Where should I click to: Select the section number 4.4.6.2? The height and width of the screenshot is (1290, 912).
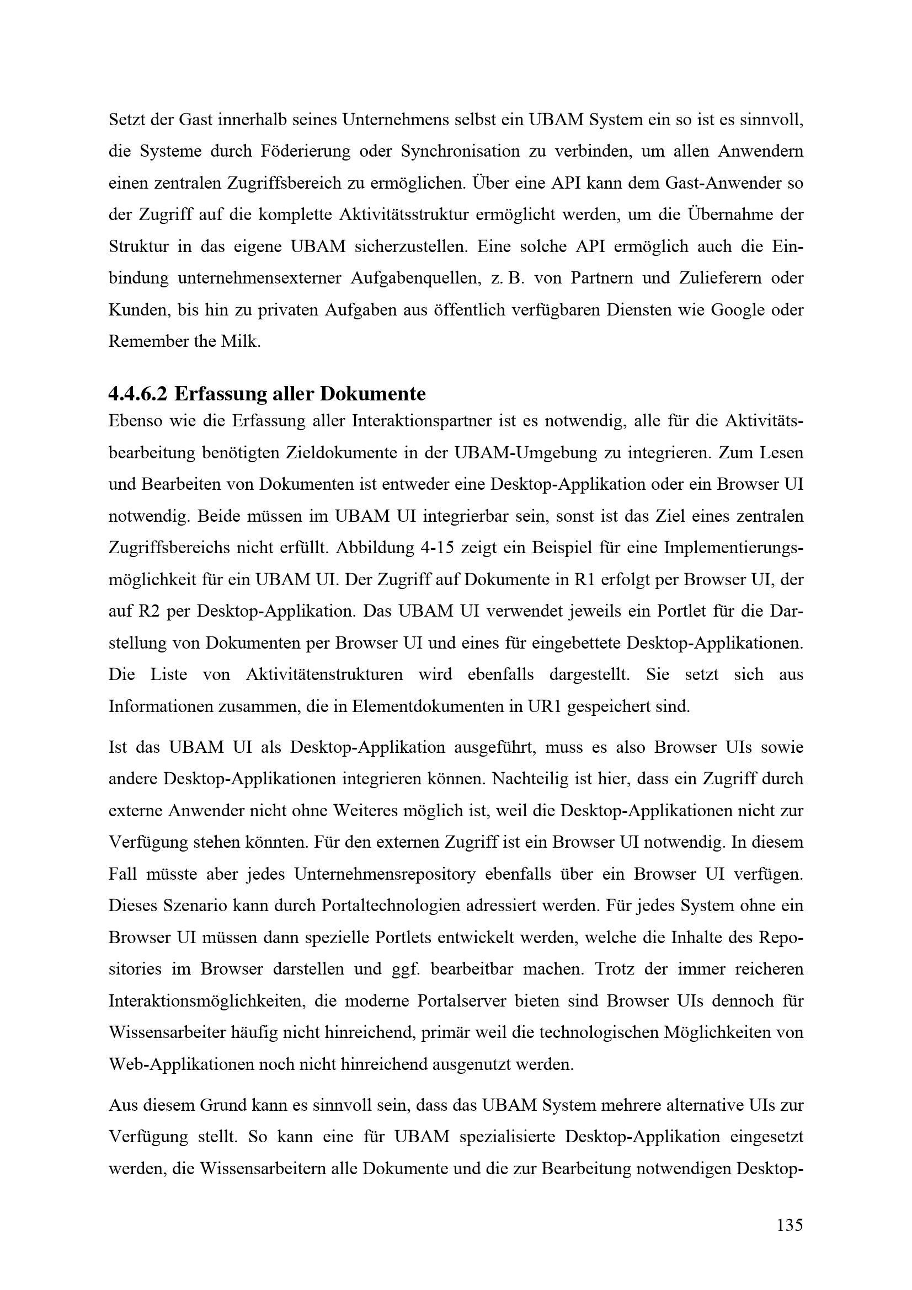click(x=138, y=394)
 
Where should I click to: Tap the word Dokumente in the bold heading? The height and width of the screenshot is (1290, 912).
click(x=372, y=394)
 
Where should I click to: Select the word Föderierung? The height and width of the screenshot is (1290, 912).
click(x=306, y=151)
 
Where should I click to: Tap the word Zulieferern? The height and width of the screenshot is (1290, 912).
click(x=723, y=278)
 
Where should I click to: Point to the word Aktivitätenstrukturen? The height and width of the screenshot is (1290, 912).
click(x=324, y=674)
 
